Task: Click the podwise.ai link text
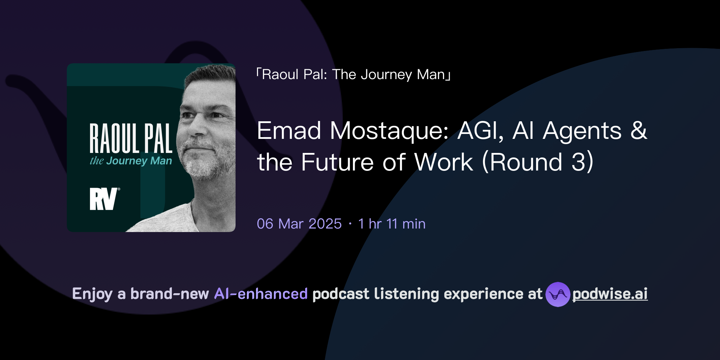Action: click(x=610, y=294)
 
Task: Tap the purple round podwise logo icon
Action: click(x=558, y=294)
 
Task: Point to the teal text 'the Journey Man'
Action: click(x=131, y=161)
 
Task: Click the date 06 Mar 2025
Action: click(x=299, y=224)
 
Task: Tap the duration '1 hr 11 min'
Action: click(x=392, y=224)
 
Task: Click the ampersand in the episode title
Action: click(x=638, y=131)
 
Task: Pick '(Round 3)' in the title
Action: click(x=538, y=162)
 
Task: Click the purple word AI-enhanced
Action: click(x=261, y=294)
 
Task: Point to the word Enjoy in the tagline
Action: click(x=92, y=294)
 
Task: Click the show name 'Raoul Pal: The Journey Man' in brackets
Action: click(x=354, y=75)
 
